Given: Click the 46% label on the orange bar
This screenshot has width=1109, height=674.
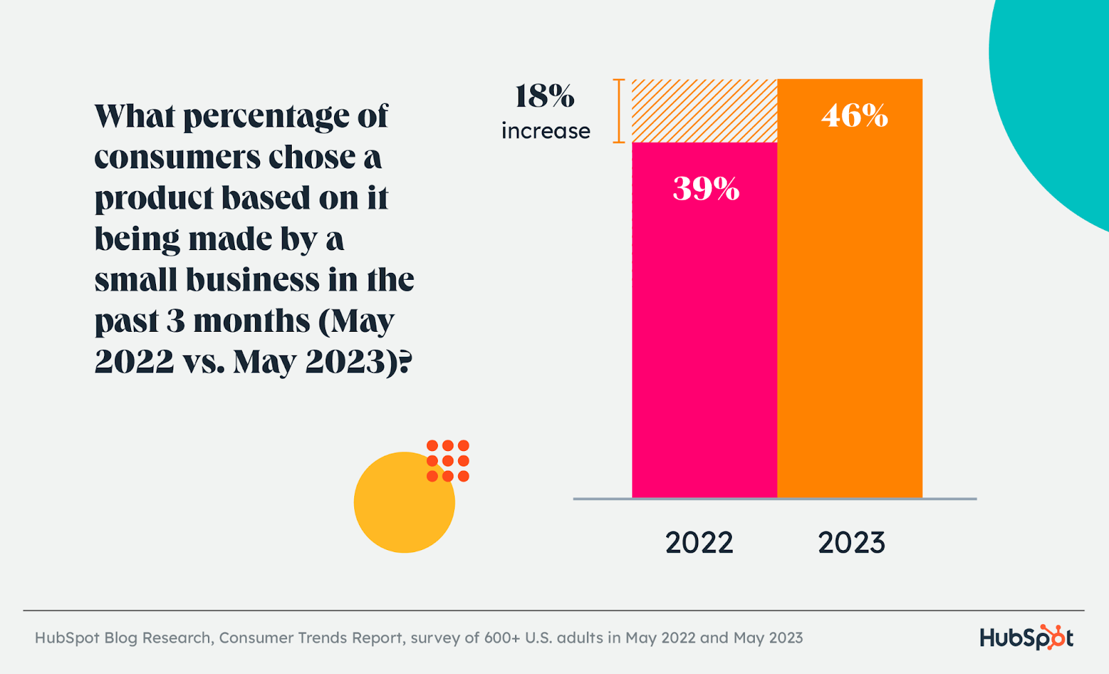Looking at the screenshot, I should point(854,116).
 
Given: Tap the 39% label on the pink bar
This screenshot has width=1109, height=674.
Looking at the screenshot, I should point(706,188).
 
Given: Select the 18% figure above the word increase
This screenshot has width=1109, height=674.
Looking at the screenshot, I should point(545,96).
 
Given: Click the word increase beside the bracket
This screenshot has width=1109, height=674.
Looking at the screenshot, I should point(545,131).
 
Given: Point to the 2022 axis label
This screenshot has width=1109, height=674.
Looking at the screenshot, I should point(699,542).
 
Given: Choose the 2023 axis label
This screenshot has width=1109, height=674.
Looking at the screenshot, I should point(851,542).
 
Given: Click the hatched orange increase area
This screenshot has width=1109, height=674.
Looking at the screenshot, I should point(704,111).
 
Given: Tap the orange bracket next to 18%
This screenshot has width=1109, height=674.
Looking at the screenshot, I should point(618,111).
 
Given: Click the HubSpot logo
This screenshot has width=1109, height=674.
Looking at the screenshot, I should point(1026,637).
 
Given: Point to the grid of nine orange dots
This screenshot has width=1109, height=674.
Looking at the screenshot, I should point(448,461).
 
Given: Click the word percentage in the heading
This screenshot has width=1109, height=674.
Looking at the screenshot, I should point(268,117).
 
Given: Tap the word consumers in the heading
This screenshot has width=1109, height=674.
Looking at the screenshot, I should point(176,158).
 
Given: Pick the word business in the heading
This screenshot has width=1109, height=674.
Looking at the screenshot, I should point(252,281).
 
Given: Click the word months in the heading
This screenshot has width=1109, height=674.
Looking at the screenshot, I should point(251,321).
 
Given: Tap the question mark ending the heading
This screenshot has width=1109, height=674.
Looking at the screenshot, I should point(405,362).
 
